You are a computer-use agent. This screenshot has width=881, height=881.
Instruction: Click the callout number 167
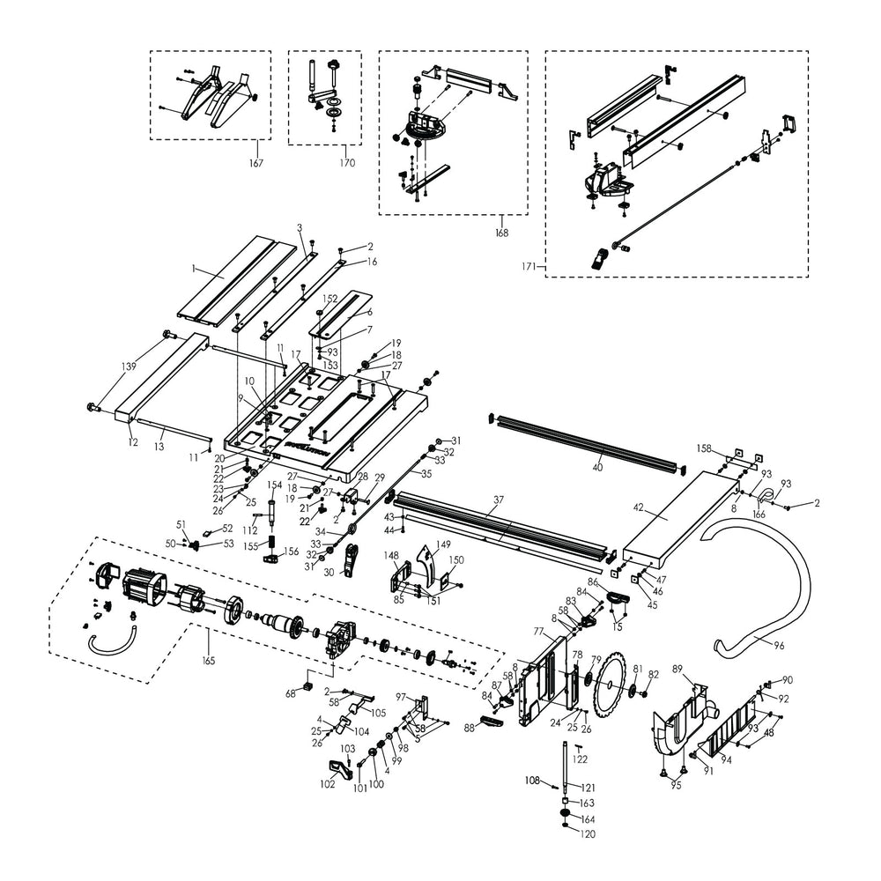point(255,163)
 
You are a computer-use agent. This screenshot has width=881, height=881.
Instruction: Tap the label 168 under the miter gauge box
point(501,233)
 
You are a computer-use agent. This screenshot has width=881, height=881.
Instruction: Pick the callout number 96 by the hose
point(779,645)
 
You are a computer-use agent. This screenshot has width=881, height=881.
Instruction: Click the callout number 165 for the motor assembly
point(208,660)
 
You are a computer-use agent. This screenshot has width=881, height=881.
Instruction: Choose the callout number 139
point(130,366)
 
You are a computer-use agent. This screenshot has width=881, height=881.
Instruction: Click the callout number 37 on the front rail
point(498,500)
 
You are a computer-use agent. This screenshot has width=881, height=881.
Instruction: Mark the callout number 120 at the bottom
point(588,833)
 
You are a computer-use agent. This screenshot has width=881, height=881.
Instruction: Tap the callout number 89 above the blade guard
point(678,670)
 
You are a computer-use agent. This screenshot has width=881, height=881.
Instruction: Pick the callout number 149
point(444,544)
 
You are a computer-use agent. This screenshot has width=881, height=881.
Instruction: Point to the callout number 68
point(291,694)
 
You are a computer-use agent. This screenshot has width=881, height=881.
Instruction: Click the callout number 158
point(703,448)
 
